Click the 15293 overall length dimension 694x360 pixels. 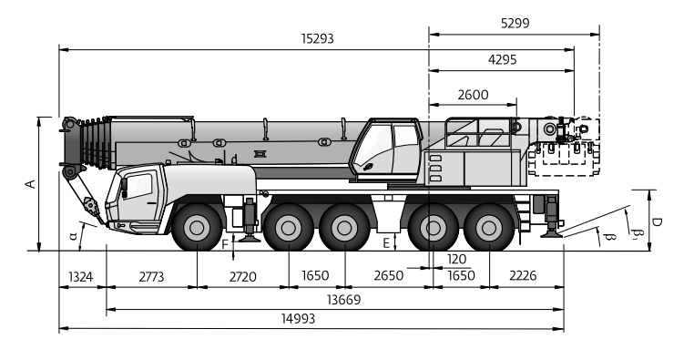317,38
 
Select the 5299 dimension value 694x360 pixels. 515,23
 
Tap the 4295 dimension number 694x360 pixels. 502,59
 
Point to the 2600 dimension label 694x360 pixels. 473,95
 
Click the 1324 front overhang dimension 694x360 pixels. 80,277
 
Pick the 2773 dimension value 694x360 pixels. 151,277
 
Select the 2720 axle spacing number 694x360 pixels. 242,277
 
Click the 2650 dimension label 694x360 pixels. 388,275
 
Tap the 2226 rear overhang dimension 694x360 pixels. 523,275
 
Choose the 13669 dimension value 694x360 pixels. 344,300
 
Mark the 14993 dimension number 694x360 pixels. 299,318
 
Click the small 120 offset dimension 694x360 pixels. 456,259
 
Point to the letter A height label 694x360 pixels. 31,184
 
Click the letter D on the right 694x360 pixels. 658,221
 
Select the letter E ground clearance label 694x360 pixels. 386,243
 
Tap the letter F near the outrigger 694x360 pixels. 225,244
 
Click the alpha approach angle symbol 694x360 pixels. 74,235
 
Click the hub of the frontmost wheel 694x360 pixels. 197,228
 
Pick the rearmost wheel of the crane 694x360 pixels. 489,228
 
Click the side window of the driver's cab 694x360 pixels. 139,186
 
